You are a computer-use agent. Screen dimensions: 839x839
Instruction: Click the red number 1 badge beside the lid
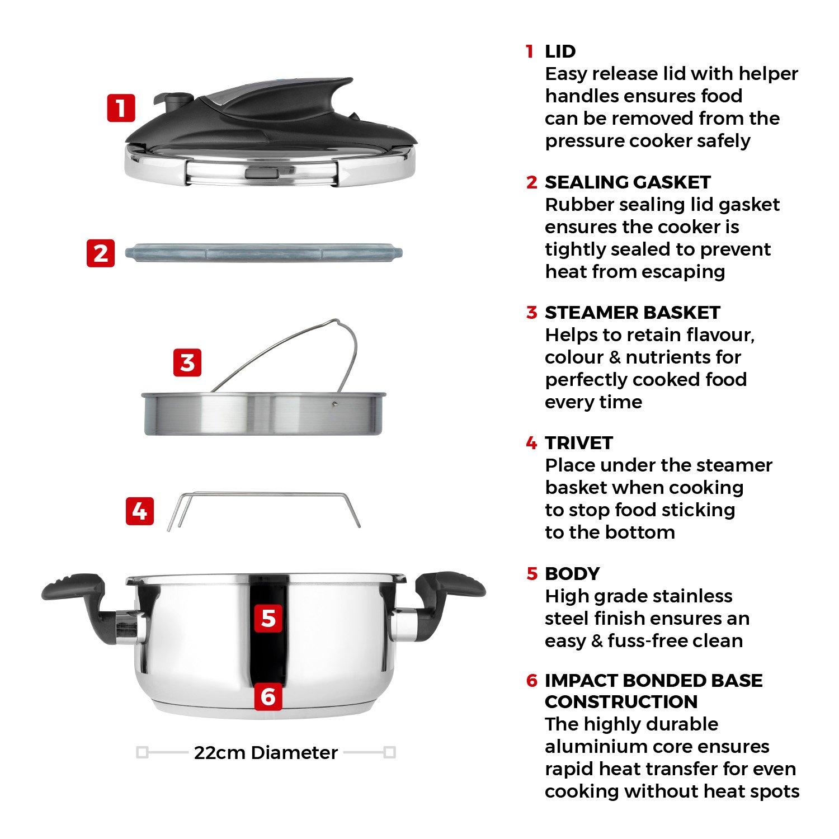click(121, 107)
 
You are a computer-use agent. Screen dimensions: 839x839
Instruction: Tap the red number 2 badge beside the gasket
click(101, 253)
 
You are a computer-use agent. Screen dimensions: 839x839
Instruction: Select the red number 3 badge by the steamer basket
click(187, 362)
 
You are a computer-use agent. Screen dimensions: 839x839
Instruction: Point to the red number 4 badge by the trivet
click(139, 511)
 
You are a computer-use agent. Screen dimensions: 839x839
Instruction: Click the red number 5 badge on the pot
click(268, 619)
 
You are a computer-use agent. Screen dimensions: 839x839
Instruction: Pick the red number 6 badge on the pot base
click(268, 696)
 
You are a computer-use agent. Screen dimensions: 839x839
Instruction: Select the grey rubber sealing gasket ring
click(263, 253)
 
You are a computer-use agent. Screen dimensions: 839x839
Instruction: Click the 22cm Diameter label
click(266, 753)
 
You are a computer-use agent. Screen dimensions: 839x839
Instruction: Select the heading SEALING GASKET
click(628, 182)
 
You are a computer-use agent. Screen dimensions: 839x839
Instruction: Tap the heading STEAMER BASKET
click(632, 312)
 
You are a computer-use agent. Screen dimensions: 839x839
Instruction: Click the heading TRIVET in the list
click(579, 443)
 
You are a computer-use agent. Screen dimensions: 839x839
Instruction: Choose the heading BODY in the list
click(572, 573)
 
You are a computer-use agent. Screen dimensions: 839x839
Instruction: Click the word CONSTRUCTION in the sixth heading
click(621, 701)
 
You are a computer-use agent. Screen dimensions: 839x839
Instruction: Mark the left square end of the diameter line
click(142, 753)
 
